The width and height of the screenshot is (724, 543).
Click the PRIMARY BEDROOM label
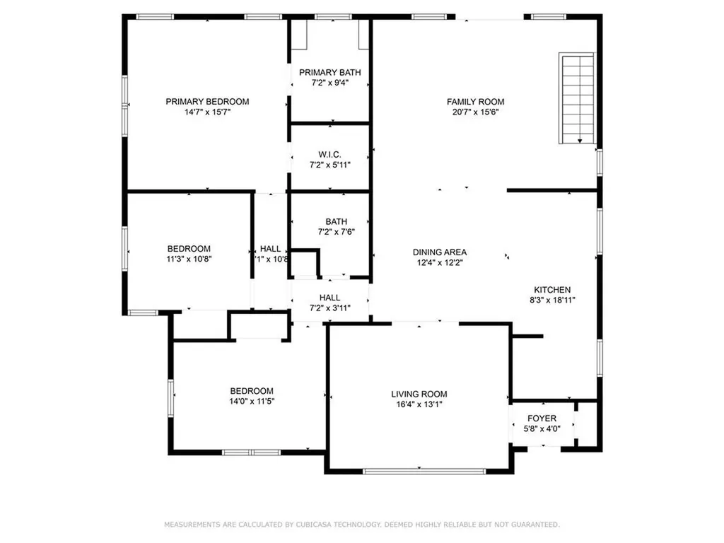coord(207,102)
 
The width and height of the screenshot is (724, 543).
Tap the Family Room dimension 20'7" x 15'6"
coord(475,112)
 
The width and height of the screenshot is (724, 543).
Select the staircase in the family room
coord(577,98)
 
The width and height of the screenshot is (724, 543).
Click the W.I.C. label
coord(329,155)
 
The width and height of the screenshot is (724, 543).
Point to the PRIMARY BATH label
coord(329,73)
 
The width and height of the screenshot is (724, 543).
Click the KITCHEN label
coord(552,290)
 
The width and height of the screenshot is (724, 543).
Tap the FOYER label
coord(542,419)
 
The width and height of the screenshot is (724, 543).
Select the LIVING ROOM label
coord(419,394)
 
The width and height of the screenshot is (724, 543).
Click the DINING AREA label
coord(440,252)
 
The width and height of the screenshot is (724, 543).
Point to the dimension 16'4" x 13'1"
coord(419,404)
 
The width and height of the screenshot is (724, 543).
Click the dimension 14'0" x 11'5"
coord(252,402)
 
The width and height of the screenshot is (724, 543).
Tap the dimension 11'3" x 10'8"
coord(189,259)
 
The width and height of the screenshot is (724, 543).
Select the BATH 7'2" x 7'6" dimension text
coord(336,232)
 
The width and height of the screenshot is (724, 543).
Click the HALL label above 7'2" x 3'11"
coord(329,298)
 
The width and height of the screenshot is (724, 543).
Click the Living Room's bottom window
coord(424,472)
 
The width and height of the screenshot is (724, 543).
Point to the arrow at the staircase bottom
coord(580,141)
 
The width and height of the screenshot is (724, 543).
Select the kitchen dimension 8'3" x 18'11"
coord(552,300)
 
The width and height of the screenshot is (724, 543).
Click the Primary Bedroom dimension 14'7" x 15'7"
coord(207,112)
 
